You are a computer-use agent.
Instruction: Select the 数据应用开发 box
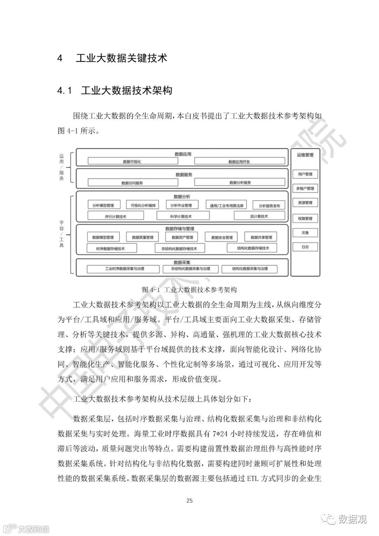click(x=239, y=161)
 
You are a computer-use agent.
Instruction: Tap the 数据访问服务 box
click(x=132, y=183)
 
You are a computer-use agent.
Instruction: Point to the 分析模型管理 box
click(x=103, y=205)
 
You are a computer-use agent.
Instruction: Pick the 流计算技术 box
click(x=259, y=216)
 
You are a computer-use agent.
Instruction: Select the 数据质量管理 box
click(x=142, y=237)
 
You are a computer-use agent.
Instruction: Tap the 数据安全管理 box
click(x=222, y=237)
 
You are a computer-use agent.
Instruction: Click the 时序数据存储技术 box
click(x=111, y=248)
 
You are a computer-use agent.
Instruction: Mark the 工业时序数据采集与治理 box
click(x=125, y=269)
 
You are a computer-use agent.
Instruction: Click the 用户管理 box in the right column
click(x=305, y=174)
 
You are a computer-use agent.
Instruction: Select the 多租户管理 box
click(x=305, y=188)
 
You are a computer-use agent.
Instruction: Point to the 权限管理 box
click(x=305, y=218)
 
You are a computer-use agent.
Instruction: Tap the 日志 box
click(x=305, y=247)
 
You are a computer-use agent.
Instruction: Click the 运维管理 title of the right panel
click(x=305, y=155)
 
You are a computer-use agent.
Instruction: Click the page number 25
click(x=189, y=501)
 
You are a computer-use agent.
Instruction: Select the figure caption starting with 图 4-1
click(x=189, y=290)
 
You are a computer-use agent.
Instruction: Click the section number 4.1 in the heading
click(x=65, y=91)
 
